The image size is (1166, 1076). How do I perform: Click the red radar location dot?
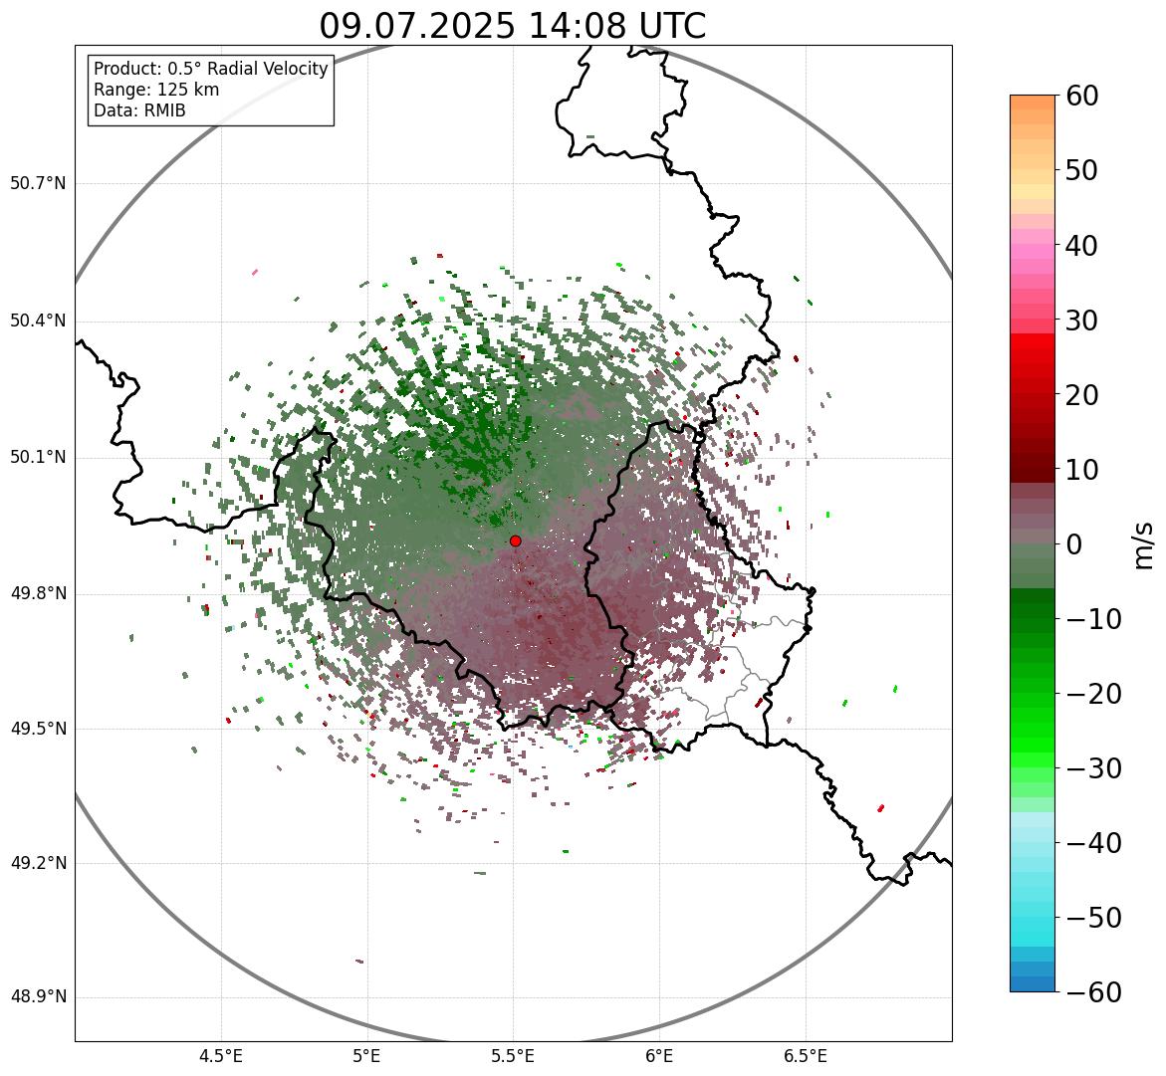tap(515, 540)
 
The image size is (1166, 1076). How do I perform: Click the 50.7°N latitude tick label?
tap(39, 184)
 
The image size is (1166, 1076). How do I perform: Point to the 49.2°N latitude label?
tap(39, 863)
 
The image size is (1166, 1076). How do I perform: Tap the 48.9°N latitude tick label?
tap(39, 997)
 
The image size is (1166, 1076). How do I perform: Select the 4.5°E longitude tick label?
tap(221, 1055)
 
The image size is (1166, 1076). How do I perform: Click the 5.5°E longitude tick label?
tap(513, 1055)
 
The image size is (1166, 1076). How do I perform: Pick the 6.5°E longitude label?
tap(805, 1055)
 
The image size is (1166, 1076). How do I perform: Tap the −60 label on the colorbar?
tap(1088, 992)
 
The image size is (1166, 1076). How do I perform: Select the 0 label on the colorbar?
tap(1075, 544)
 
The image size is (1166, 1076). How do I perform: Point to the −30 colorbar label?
tap(1088, 768)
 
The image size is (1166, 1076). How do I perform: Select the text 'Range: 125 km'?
tap(156, 90)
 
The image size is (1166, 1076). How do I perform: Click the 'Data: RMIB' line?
tap(139, 110)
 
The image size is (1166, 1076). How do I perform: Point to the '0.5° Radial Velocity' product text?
tap(247, 69)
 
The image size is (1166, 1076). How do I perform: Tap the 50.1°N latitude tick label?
tap(39, 458)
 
